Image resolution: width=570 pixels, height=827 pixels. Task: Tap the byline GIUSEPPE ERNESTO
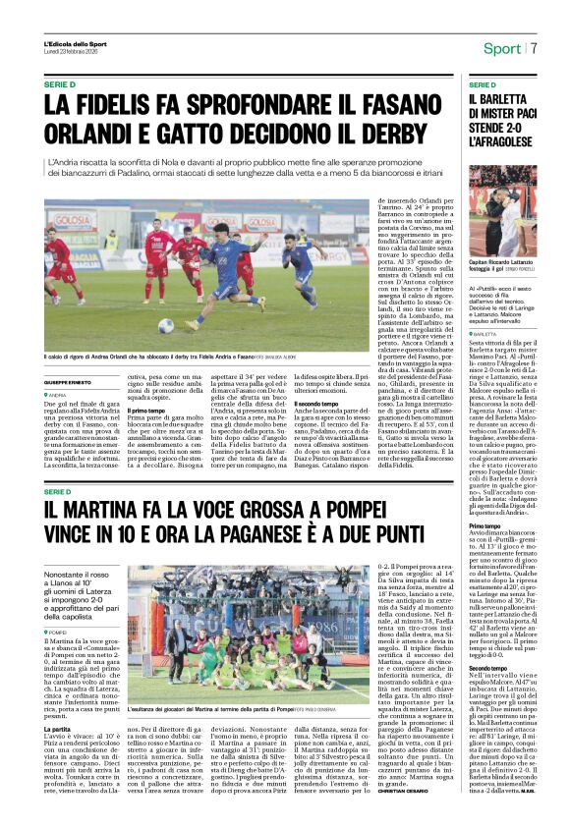[x=70, y=381]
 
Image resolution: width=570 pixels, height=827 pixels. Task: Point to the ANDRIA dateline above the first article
[x=58, y=394]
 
